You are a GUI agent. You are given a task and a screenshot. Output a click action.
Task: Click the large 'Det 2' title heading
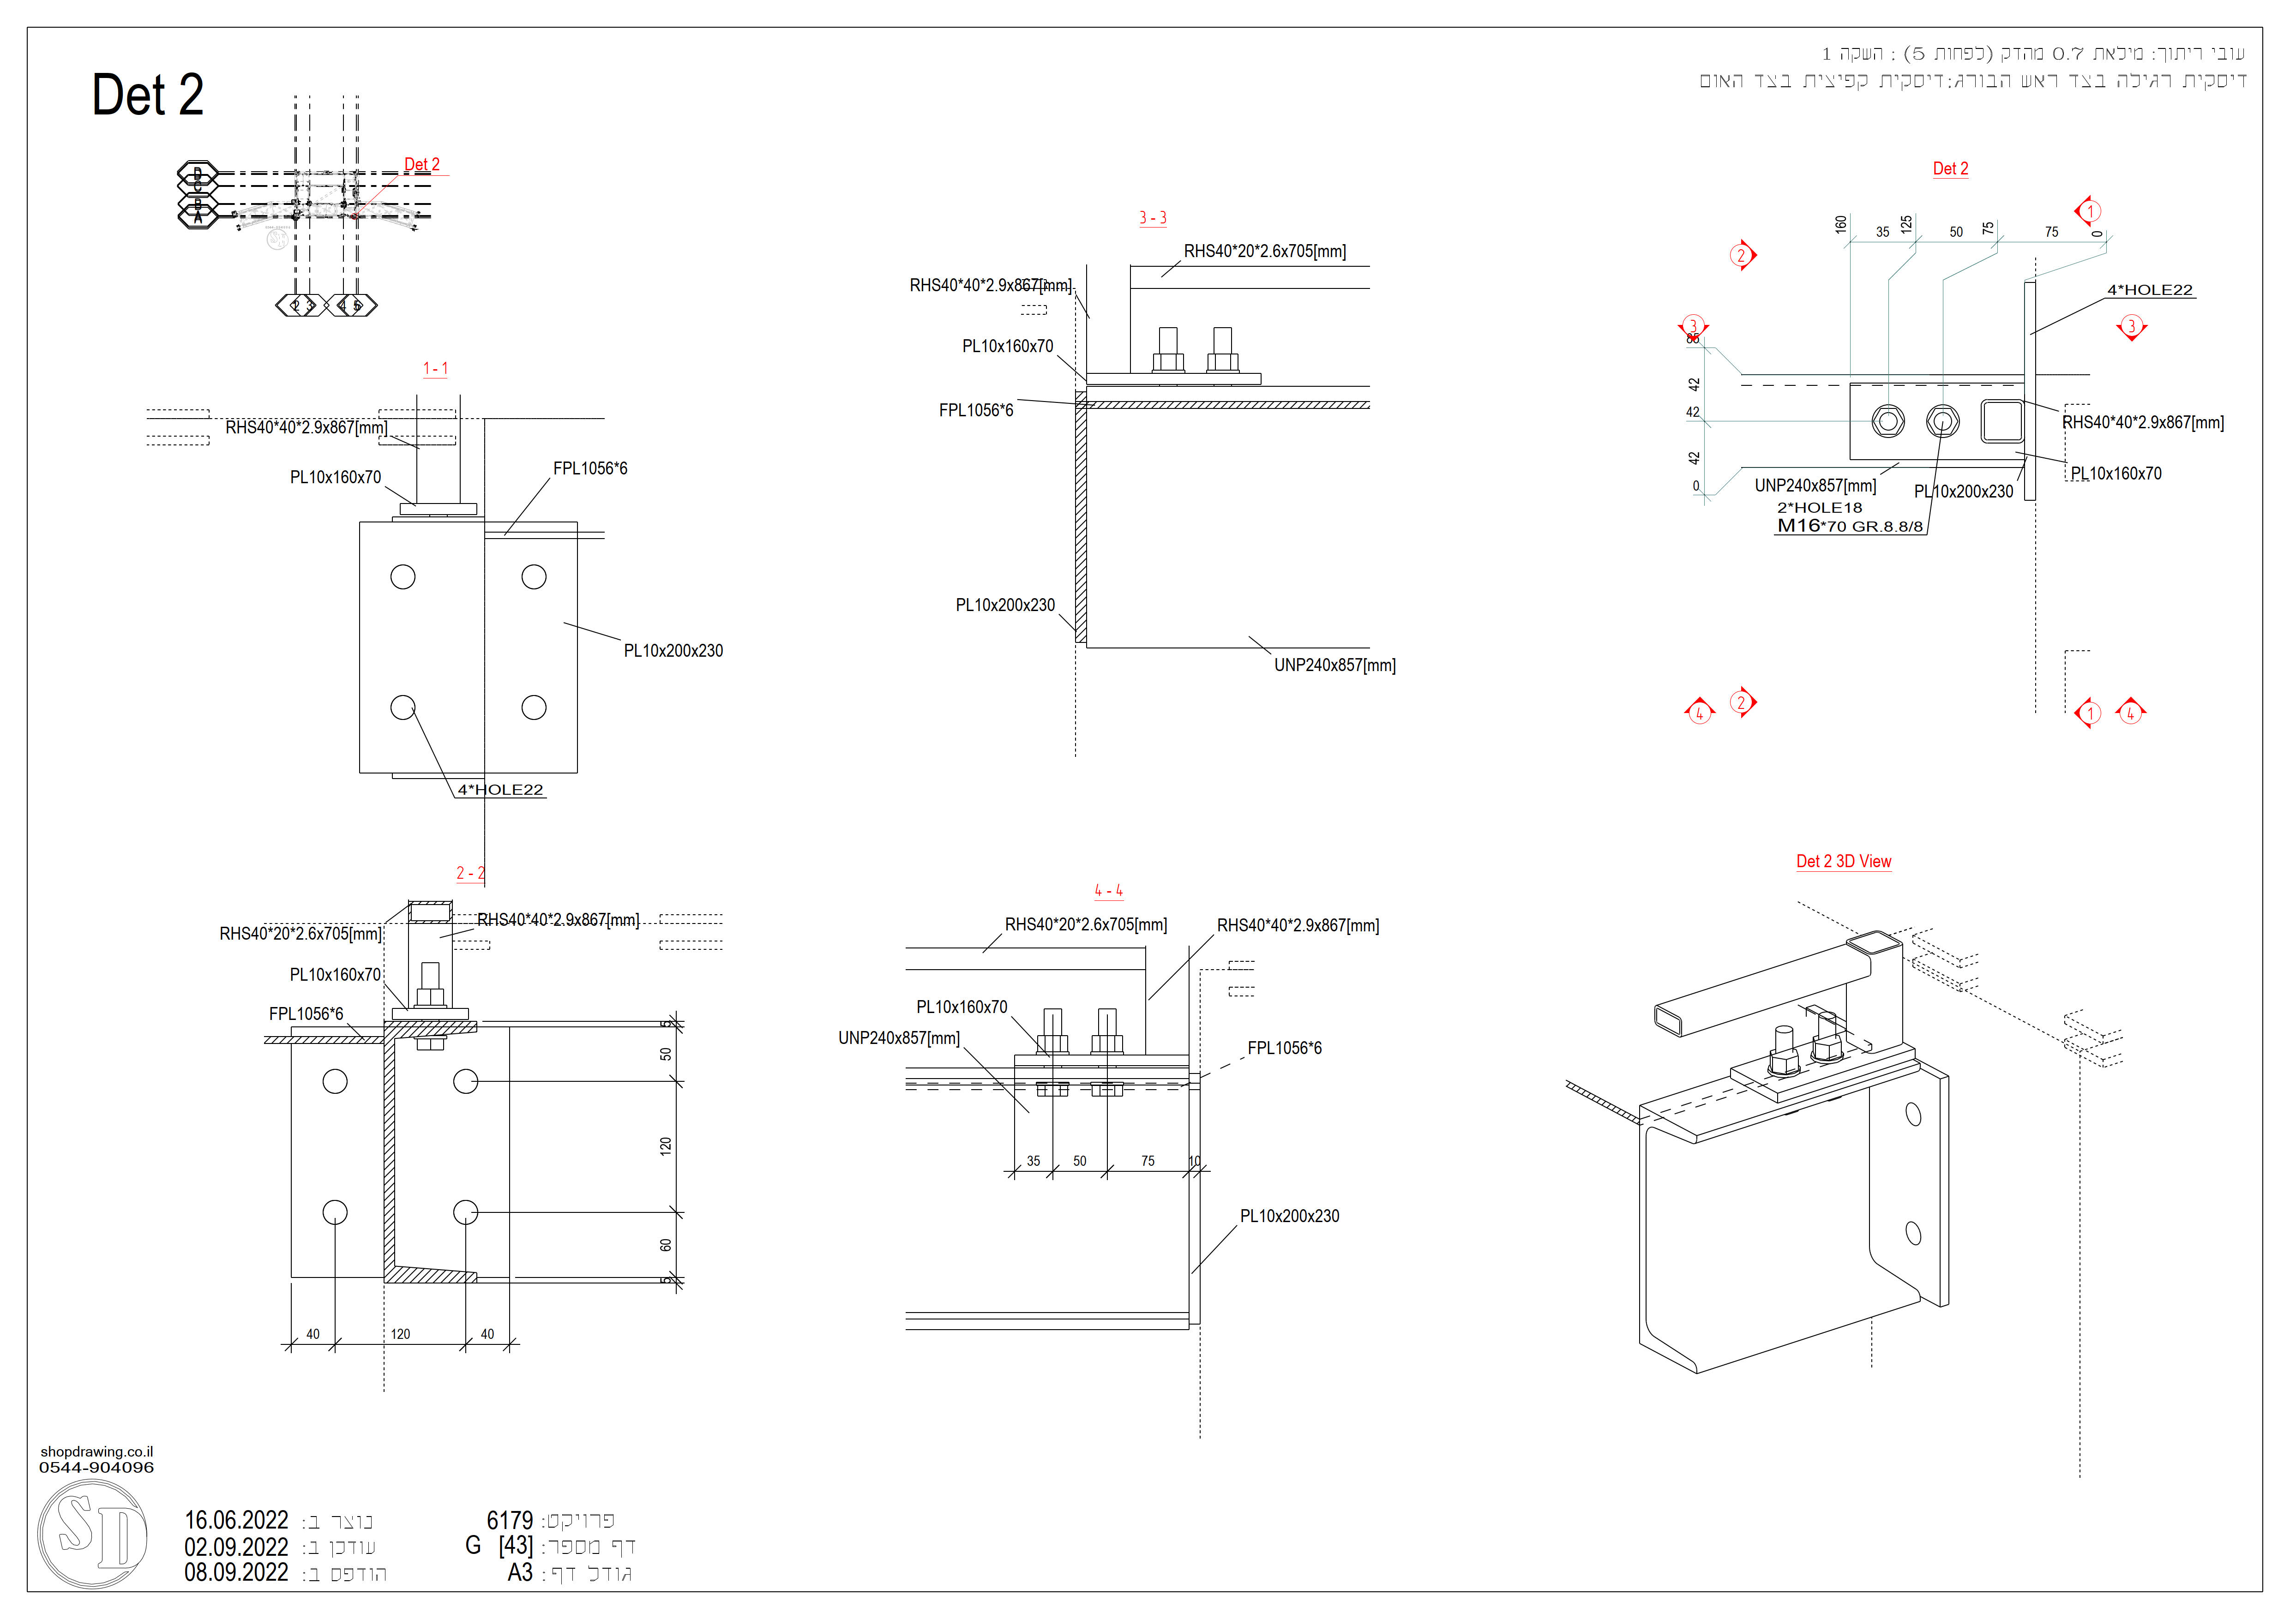click(x=148, y=96)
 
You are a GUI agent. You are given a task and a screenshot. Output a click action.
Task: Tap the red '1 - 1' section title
click(x=436, y=369)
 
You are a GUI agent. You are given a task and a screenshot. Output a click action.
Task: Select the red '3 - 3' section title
click(x=1153, y=218)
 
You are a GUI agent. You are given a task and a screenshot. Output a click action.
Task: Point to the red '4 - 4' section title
click(x=1108, y=890)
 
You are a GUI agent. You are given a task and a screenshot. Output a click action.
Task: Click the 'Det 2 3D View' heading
click(x=1843, y=861)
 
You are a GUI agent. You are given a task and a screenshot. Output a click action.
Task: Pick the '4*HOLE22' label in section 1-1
click(x=501, y=790)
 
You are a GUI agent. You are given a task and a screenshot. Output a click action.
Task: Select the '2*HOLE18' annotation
click(x=1819, y=507)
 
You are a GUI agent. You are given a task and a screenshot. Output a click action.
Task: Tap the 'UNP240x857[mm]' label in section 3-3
click(x=1334, y=665)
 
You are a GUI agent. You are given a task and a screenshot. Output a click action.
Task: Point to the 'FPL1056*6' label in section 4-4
click(x=1285, y=1048)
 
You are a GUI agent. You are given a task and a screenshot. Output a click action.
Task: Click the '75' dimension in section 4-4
click(x=1148, y=1160)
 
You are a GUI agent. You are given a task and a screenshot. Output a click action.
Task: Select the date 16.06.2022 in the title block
click(x=236, y=1520)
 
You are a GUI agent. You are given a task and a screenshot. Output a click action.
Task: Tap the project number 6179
click(x=510, y=1520)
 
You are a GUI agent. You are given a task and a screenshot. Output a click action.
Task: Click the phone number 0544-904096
click(x=97, y=1468)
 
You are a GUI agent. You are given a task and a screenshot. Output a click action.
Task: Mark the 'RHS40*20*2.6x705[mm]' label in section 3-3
click(x=1265, y=251)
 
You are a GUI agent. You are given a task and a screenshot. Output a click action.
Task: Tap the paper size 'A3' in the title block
click(x=521, y=1573)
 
